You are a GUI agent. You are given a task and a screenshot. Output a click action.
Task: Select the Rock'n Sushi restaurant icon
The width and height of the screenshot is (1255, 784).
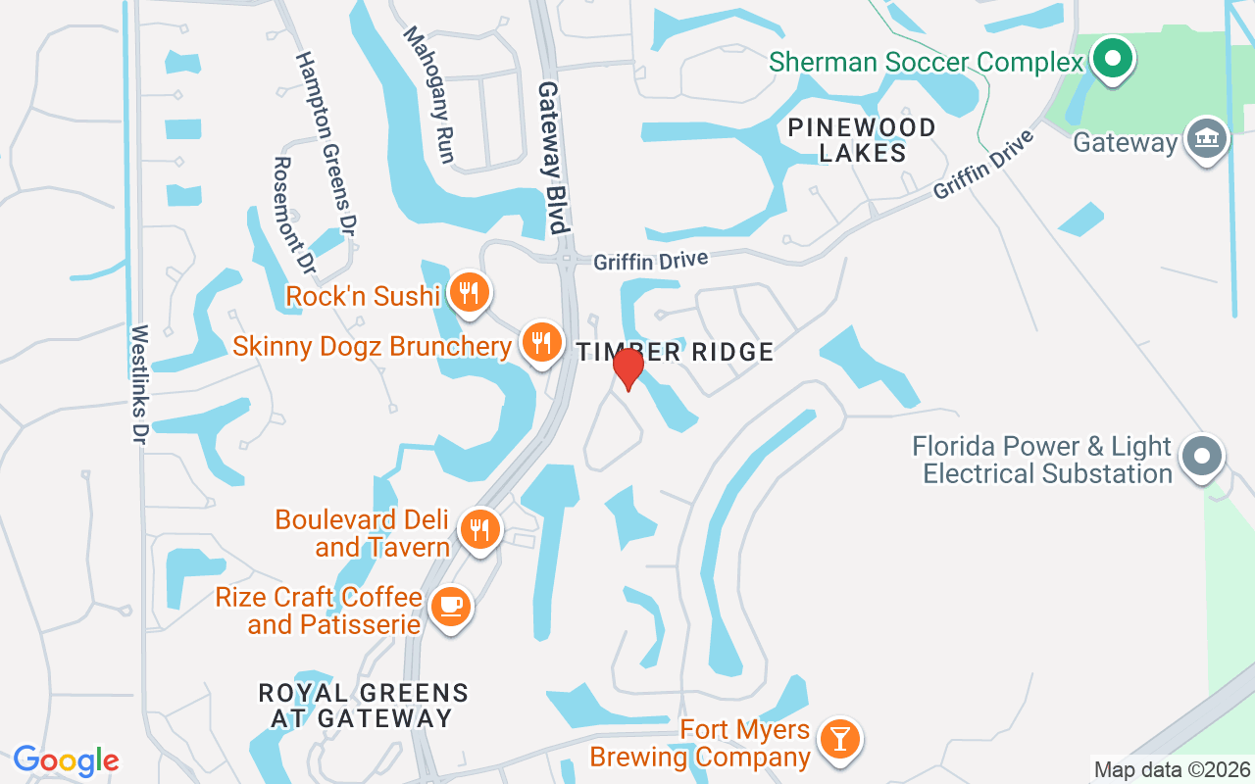[x=470, y=292]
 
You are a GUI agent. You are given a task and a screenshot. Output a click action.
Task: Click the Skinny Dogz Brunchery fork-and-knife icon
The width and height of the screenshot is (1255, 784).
[x=540, y=343]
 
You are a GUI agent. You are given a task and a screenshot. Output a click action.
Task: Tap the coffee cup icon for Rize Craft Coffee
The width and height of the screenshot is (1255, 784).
[x=450, y=607]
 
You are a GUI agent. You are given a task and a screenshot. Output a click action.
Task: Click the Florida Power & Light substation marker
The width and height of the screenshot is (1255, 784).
[x=1202, y=457]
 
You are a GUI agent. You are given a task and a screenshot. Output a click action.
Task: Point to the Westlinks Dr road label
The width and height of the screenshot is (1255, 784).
[x=138, y=385]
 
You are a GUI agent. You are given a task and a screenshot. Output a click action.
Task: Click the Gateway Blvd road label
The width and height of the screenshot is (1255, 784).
[x=552, y=157]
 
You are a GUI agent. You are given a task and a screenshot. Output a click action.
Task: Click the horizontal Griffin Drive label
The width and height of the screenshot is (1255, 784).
[x=650, y=262]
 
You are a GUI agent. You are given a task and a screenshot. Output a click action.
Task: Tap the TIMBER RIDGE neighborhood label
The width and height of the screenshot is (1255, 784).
[x=675, y=352]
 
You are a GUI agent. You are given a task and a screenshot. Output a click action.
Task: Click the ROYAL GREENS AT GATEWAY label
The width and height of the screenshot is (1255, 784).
[x=363, y=705]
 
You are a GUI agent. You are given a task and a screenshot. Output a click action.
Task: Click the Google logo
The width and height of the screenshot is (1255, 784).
[x=66, y=760]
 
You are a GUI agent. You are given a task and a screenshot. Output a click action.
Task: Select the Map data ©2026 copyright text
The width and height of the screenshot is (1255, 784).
[x=1172, y=769]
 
